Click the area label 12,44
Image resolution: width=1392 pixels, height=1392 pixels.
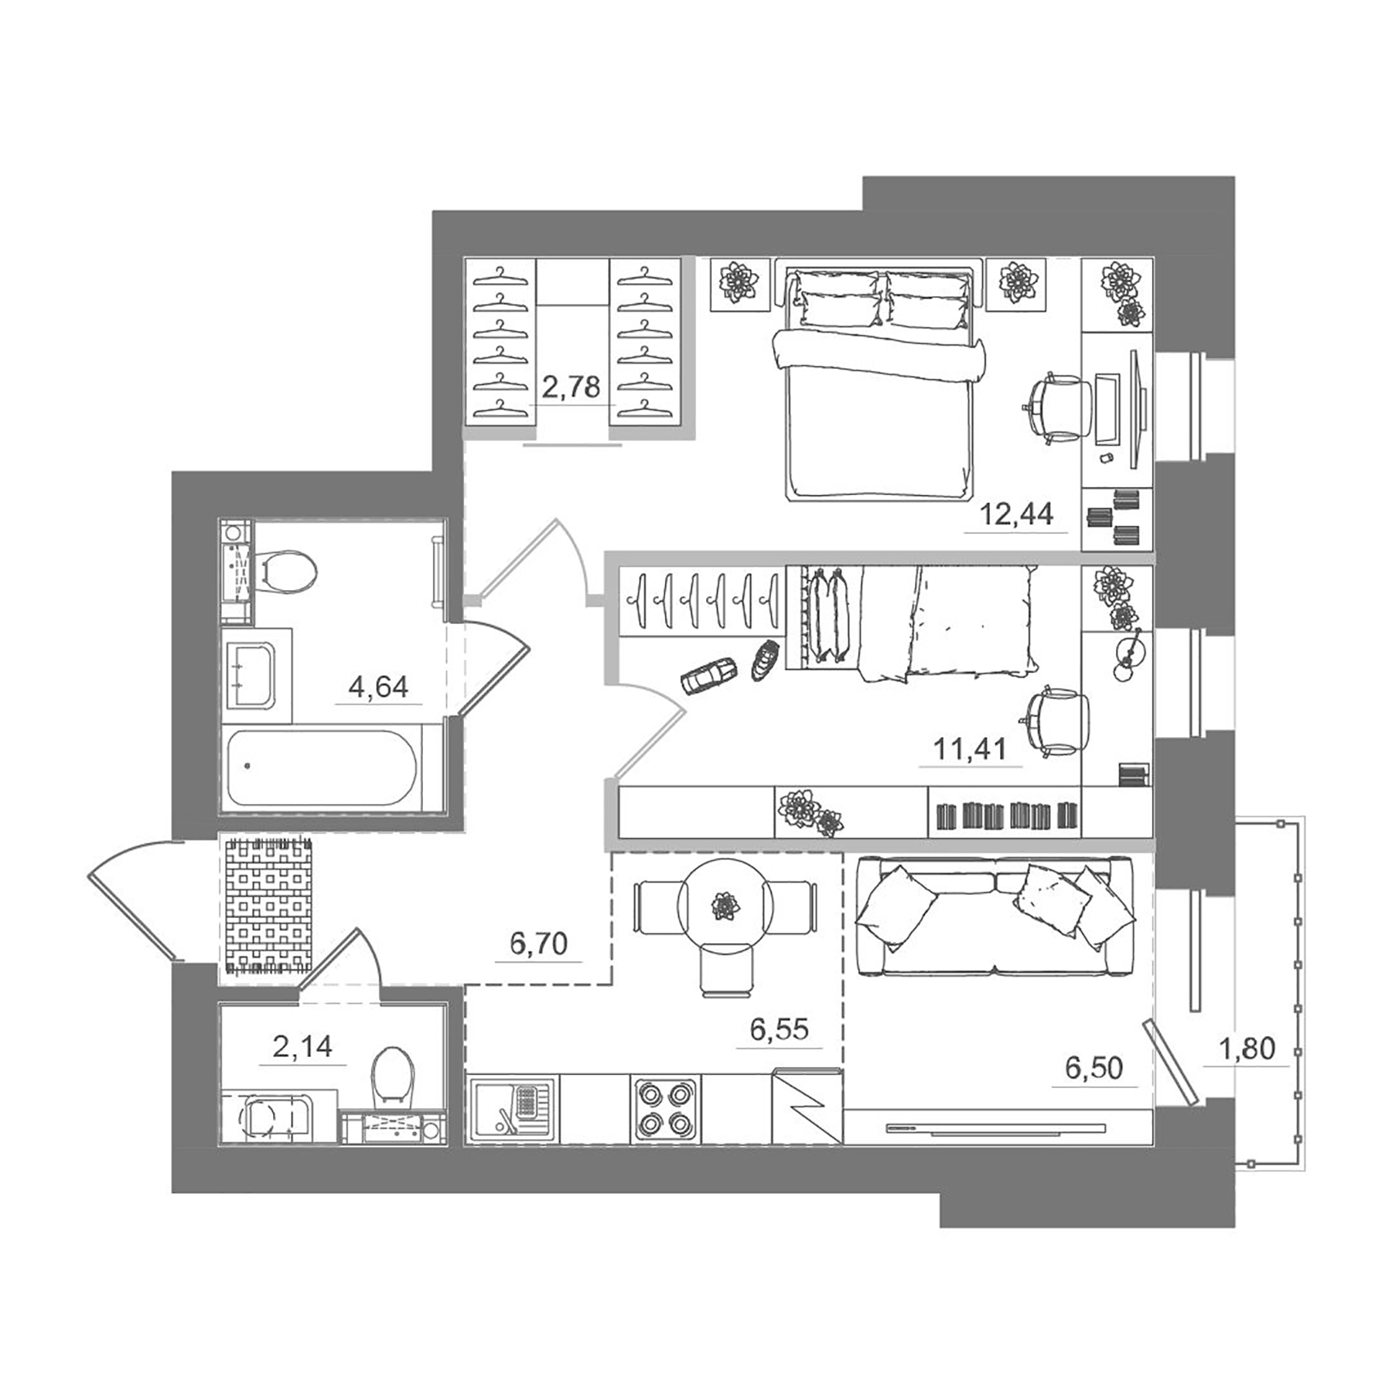point(1016,513)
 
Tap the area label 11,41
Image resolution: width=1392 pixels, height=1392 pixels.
point(970,749)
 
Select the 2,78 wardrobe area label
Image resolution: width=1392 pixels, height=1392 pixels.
point(571,387)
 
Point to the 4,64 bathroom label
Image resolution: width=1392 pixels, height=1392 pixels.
point(378,686)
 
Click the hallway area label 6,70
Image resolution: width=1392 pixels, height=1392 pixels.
point(539,943)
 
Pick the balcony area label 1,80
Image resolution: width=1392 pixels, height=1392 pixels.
point(1247,1049)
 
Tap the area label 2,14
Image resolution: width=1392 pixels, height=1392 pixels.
point(302,1047)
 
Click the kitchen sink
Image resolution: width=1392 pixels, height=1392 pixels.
point(511,1107)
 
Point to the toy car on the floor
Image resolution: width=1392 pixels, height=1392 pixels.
point(708,676)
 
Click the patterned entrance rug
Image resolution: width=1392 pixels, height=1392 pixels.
point(268,906)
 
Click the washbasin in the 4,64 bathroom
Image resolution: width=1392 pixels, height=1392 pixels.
point(249,667)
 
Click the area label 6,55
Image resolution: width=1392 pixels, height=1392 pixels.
point(779,1029)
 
